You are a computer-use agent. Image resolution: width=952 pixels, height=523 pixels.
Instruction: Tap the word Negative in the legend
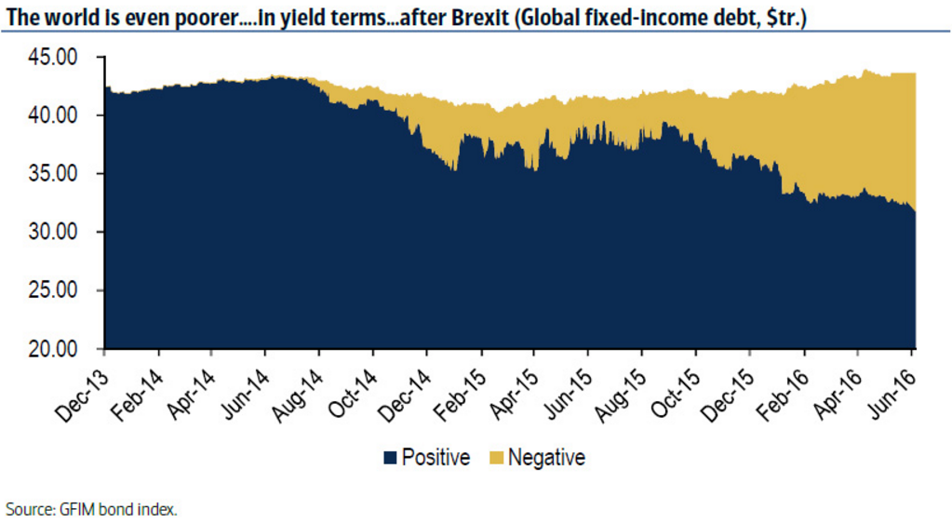pyautogui.click(x=546, y=458)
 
